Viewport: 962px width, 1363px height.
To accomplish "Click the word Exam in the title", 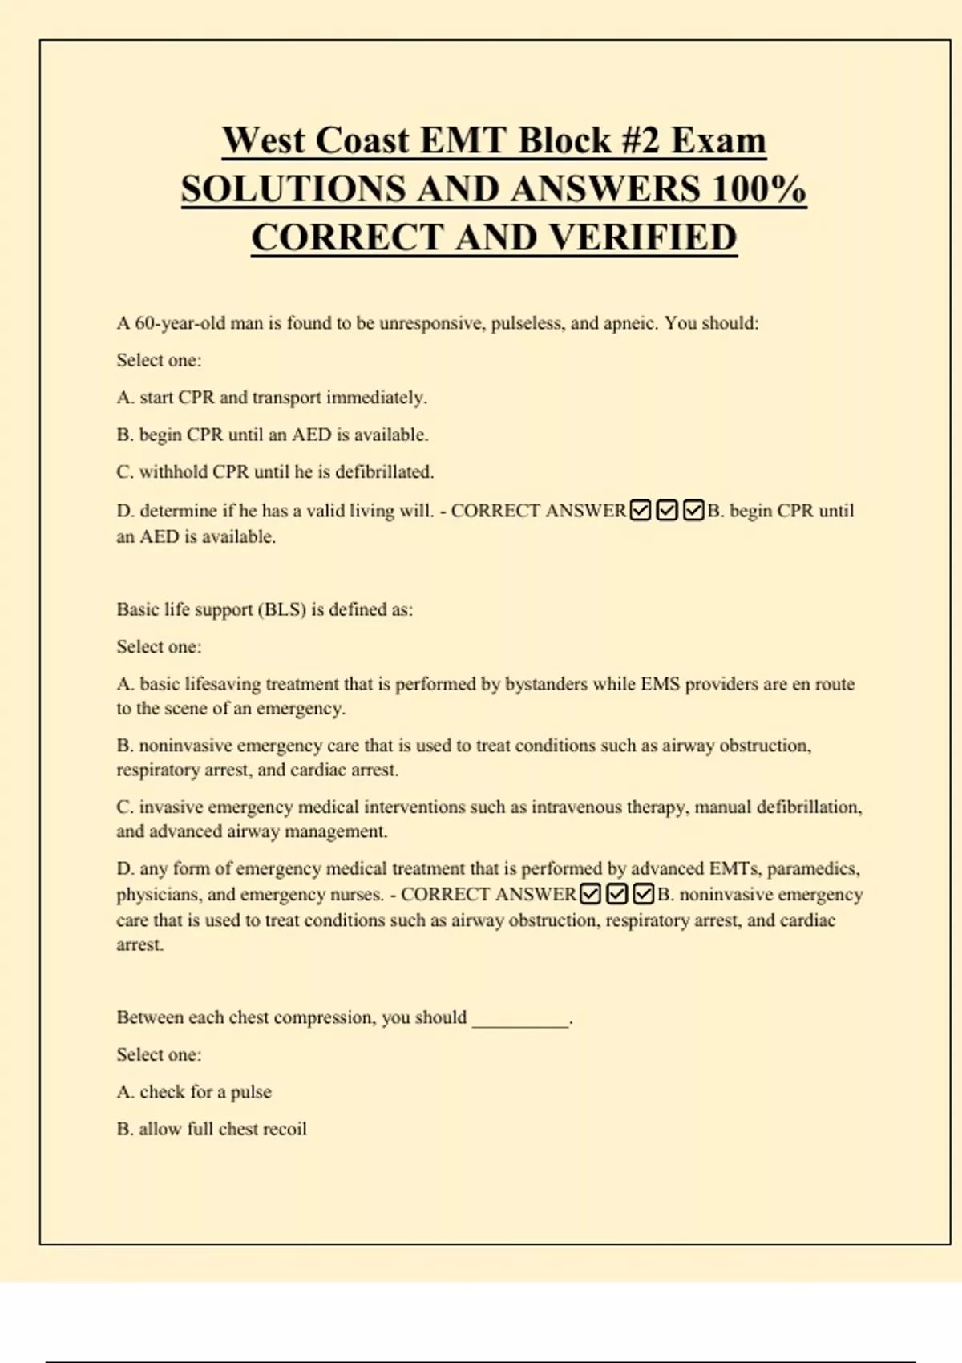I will click(718, 140).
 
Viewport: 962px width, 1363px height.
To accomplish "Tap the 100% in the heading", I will click(758, 189).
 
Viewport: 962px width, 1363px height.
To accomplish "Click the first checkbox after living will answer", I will click(641, 510).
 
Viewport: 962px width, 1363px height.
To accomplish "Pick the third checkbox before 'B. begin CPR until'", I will click(693, 510).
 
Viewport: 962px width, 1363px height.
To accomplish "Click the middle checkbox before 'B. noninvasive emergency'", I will click(616, 894).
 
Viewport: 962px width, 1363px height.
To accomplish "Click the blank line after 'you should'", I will click(520, 1020).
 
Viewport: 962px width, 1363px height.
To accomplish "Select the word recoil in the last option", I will click(285, 1129).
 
